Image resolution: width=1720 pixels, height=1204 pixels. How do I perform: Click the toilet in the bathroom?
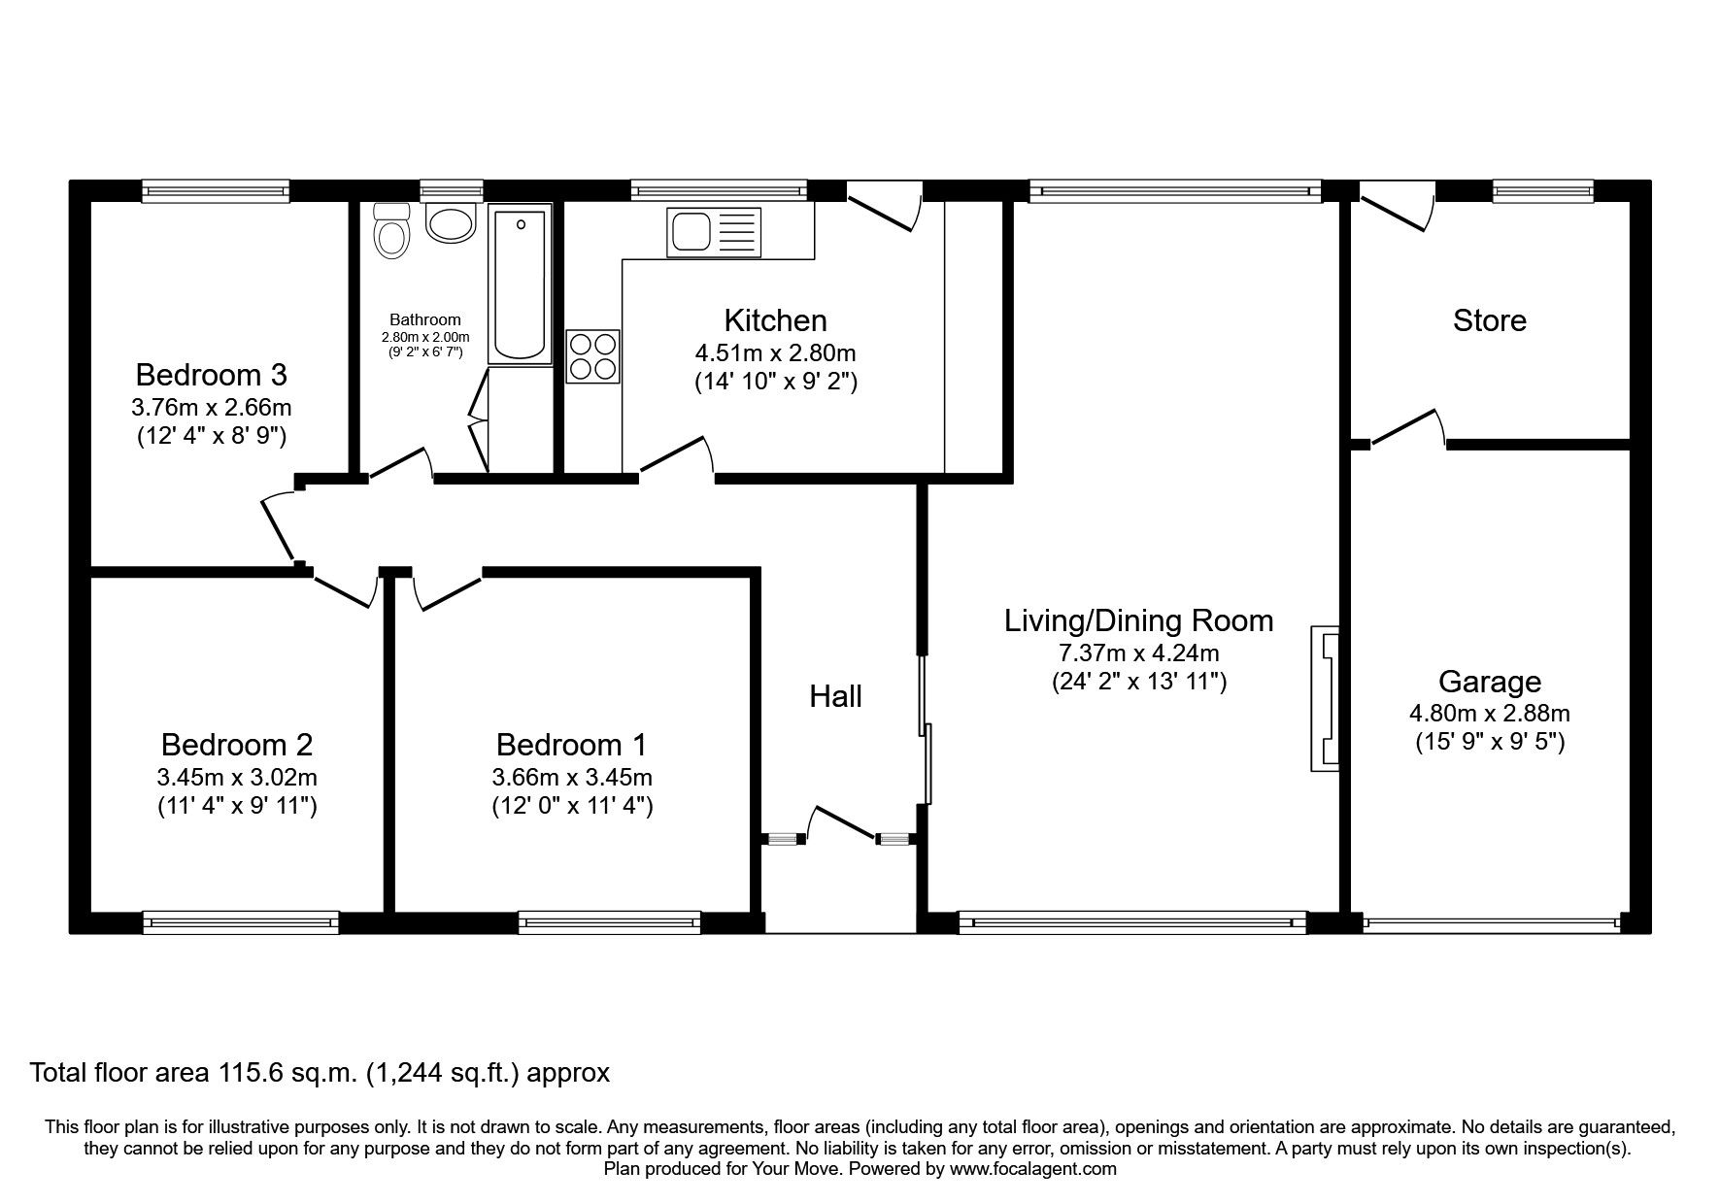point(391,233)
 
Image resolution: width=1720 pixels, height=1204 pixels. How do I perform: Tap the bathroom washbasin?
point(451,224)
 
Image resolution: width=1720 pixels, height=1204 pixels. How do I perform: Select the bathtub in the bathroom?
point(521,284)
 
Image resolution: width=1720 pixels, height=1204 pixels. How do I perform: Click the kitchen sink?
point(714,232)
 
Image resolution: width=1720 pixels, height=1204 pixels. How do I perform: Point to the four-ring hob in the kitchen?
point(593,356)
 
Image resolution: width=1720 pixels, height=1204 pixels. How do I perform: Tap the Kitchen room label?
point(775,320)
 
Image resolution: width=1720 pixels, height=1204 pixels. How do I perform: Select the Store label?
point(1489,320)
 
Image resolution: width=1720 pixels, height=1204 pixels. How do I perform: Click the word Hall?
point(835,696)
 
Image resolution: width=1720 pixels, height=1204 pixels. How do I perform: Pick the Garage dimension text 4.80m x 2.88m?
point(1489,713)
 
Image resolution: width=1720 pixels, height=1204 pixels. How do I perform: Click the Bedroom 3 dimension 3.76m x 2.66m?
point(212,407)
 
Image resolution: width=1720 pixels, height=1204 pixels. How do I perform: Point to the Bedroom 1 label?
point(571,745)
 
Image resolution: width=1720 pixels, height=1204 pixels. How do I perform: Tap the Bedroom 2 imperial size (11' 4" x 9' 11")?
point(237,806)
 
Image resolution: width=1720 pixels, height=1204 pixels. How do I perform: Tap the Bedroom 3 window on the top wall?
point(216,190)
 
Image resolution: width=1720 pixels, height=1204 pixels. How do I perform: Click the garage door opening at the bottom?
point(1490,922)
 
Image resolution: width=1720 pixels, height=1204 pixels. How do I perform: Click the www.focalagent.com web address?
point(1032,1169)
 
